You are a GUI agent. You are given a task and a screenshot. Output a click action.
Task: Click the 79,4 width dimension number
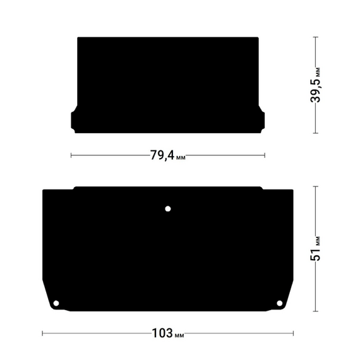tap(162, 155)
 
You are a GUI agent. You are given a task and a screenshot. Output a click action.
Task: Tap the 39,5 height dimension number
tap(315, 90)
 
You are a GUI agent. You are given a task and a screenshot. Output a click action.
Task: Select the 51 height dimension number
tap(315, 253)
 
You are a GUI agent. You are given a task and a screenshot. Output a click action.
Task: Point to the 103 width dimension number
tap(162, 333)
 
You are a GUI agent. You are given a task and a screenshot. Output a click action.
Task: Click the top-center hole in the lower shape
tap(168, 209)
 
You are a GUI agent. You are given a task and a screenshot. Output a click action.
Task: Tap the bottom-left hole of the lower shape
tap(56, 303)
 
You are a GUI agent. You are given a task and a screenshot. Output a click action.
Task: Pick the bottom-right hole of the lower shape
tap(279, 303)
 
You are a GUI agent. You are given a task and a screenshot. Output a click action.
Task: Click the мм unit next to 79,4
tap(181, 158)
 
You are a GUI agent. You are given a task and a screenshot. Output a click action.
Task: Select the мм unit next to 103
tap(179, 335)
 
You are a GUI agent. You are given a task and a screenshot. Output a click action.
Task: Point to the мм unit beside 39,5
tap(318, 73)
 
